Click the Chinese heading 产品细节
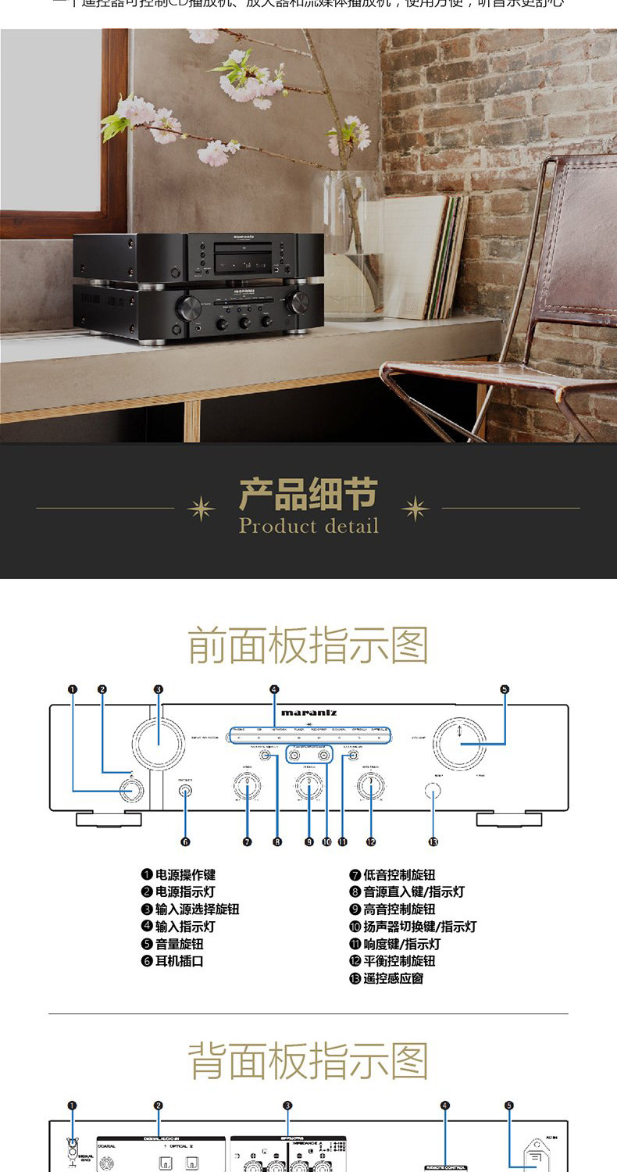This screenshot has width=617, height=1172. coord(308,495)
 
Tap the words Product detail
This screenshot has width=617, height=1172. coord(308,526)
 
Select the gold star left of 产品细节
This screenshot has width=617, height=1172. coord(201,509)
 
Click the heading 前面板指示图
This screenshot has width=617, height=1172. coord(308,645)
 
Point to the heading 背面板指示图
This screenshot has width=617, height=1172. coord(308,1060)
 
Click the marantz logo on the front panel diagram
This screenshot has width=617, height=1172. coord(309,712)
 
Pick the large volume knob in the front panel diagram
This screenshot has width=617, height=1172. coord(459,738)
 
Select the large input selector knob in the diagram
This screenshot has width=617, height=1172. coord(158,738)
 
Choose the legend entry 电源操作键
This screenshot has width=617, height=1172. coord(179,875)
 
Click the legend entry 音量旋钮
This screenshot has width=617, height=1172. coord(173,944)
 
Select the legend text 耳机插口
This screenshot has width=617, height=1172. coord(173,961)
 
